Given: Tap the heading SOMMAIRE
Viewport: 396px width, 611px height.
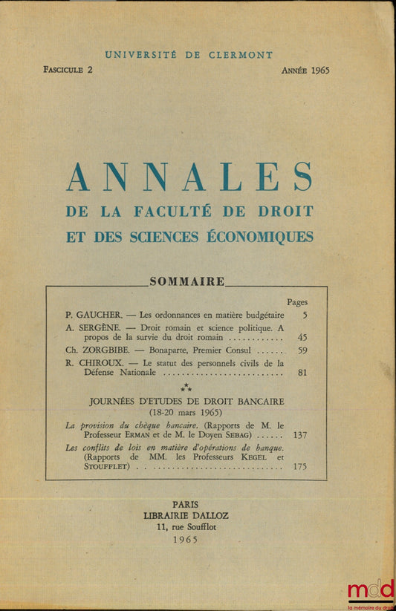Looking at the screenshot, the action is tap(187, 281).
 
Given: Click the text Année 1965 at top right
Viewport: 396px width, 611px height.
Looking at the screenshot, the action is tap(305, 71).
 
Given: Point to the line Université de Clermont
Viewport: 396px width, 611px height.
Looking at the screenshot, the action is tap(189, 55).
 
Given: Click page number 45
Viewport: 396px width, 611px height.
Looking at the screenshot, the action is tap(302, 337).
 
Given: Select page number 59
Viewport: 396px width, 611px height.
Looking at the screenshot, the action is tap(302, 349).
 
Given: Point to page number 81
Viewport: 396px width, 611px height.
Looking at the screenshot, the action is tap(302, 373).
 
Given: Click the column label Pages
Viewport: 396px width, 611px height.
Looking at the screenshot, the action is tap(296, 302).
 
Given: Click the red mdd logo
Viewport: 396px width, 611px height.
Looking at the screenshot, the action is tap(370, 590).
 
